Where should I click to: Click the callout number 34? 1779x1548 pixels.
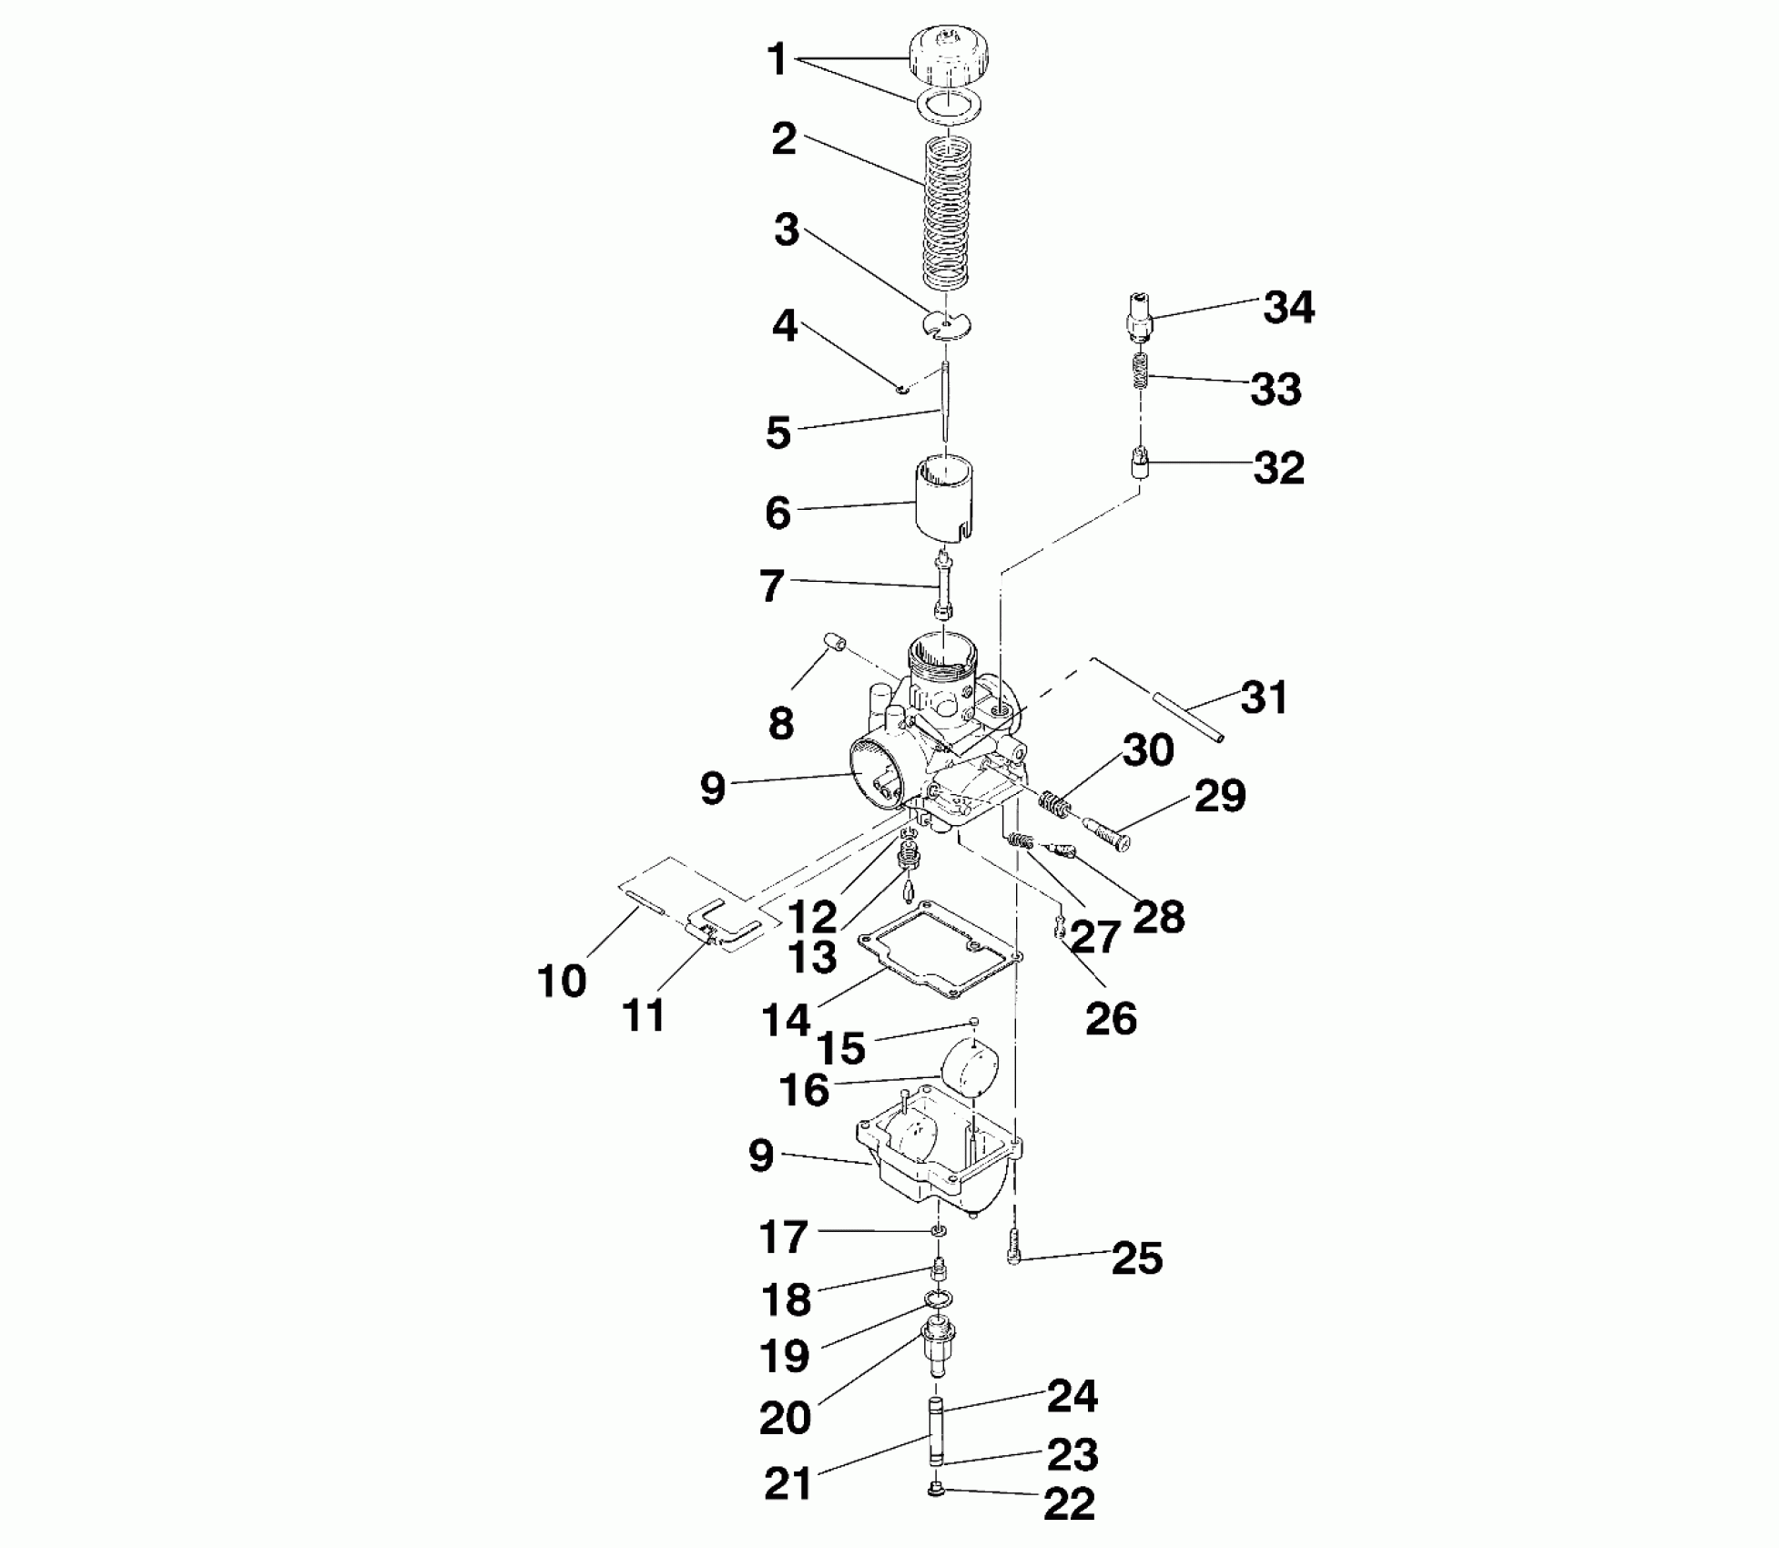pyautogui.click(x=1288, y=309)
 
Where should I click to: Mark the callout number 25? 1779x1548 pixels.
pyautogui.click(x=1137, y=1258)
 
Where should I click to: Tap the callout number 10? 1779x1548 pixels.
pyautogui.click(x=562, y=982)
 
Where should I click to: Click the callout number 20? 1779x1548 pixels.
pyautogui.click(x=785, y=1418)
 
